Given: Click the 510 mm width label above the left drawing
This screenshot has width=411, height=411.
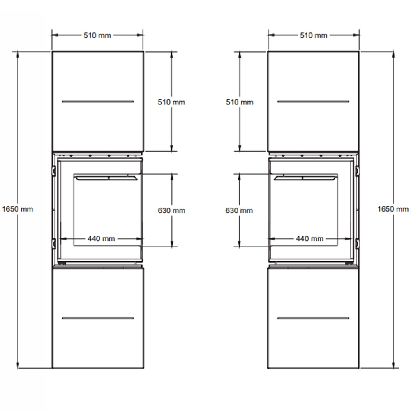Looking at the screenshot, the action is pyautogui.click(x=97, y=35).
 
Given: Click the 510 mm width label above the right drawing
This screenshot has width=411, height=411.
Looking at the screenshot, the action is pyautogui.click(x=314, y=35).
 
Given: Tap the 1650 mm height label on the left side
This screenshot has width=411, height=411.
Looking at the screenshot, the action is pyautogui.click(x=18, y=209).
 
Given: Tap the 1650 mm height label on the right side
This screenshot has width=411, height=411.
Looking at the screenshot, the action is pyautogui.click(x=393, y=209).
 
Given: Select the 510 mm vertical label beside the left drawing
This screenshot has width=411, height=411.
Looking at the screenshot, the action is pyautogui.click(x=171, y=102).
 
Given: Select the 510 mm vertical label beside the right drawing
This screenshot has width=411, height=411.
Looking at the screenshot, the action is pyautogui.click(x=240, y=102).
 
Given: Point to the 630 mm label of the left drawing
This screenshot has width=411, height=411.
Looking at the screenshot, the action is pyautogui.click(x=171, y=211).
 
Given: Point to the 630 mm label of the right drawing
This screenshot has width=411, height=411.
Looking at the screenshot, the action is pyautogui.click(x=239, y=211).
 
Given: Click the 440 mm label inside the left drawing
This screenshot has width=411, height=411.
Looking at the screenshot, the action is pyautogui.click(x=101, y=239).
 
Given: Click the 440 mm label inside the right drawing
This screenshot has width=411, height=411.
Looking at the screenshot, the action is pyautogui.click(x=309, y=239).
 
